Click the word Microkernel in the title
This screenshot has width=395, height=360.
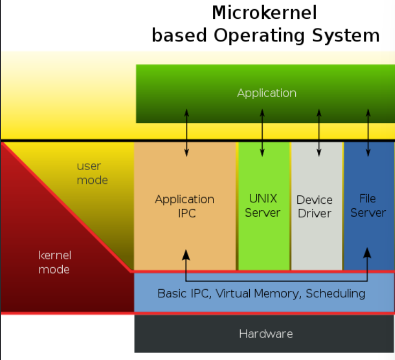(264, 12)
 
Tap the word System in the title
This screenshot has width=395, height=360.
(346, 35)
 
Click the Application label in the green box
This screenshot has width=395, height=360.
(266, 93)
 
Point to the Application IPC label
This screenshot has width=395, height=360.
(184, 206)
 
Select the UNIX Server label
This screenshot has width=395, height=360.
(263, 205)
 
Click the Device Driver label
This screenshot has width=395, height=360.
(315, 207)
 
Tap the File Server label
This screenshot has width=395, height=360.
(368, 205)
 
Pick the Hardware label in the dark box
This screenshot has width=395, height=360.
(266, 334)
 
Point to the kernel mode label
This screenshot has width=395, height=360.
(55, 262)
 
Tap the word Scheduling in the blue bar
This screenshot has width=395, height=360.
(336, 293)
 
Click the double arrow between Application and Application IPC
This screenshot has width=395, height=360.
(187, 133)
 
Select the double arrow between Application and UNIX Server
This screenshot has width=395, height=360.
(262, 133)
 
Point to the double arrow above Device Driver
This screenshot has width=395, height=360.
(319, 133)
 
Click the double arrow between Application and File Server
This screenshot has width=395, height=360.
(368, 133)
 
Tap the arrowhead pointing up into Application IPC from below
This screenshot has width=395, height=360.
(186, 253)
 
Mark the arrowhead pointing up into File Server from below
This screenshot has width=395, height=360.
(367, 253)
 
